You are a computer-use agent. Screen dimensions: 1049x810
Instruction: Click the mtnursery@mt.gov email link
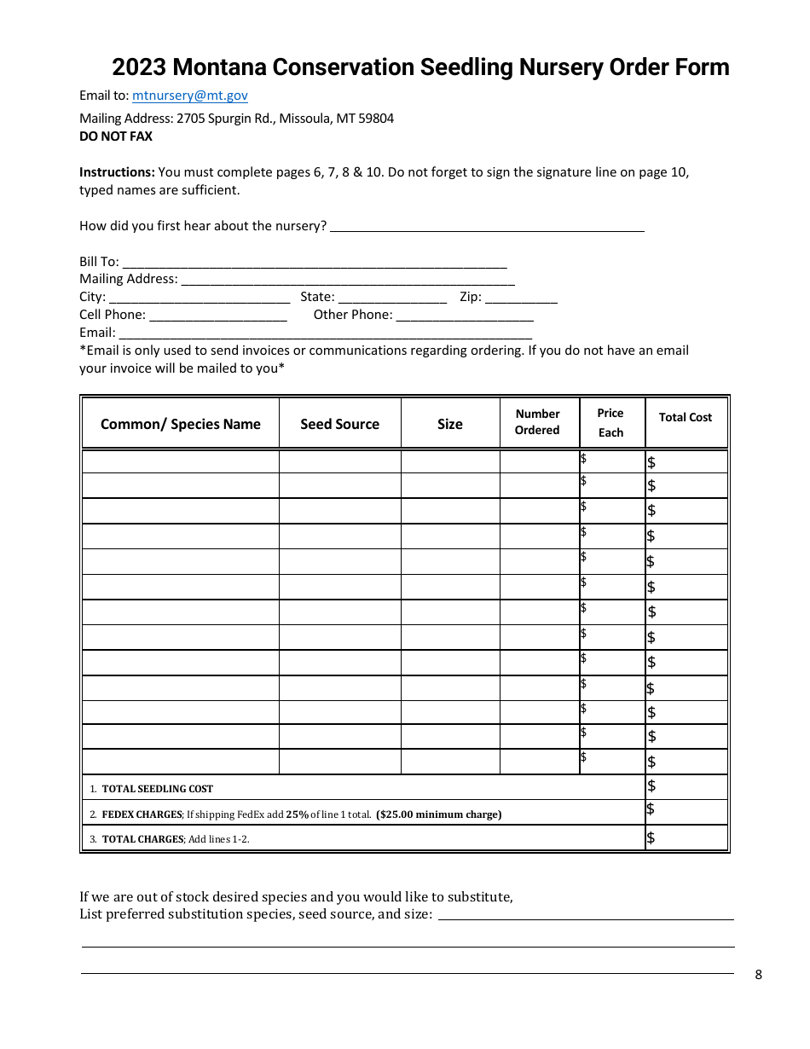tap(189, 96)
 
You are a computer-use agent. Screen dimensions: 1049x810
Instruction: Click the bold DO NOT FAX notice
tap(116, 136)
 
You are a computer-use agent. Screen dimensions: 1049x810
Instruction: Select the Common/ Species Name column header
tap(180, 424)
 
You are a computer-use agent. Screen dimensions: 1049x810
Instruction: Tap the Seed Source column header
tap(339, 424)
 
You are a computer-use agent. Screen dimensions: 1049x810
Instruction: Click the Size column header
tap(449, 424)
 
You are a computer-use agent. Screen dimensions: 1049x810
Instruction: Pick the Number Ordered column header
tap(537, 422)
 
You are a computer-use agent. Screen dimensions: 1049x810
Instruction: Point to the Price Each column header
tap(610, 422)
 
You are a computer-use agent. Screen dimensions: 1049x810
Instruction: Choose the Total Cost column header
tap(686, 417)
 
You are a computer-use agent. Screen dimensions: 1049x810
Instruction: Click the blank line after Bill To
tap(315, 263)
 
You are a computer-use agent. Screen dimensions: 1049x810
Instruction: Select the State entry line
tap(392, 298)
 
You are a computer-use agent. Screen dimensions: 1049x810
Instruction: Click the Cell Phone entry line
tap(217, 316)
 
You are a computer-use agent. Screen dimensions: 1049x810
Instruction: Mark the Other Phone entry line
tap(465, 316)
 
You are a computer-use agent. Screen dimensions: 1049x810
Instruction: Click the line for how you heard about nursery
tap(487, 227)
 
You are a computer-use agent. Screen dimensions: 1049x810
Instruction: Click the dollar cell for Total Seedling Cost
tap(686, 787)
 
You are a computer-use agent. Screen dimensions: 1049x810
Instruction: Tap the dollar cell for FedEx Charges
tap(686, 812)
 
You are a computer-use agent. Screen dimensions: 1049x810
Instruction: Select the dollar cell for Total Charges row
tap(686, 837)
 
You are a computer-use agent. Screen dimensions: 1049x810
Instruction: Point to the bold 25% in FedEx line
tap(297, 814)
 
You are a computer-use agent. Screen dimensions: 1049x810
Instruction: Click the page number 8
tap(759, 975)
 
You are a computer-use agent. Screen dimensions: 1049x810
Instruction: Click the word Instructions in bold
tap(117, 172)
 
